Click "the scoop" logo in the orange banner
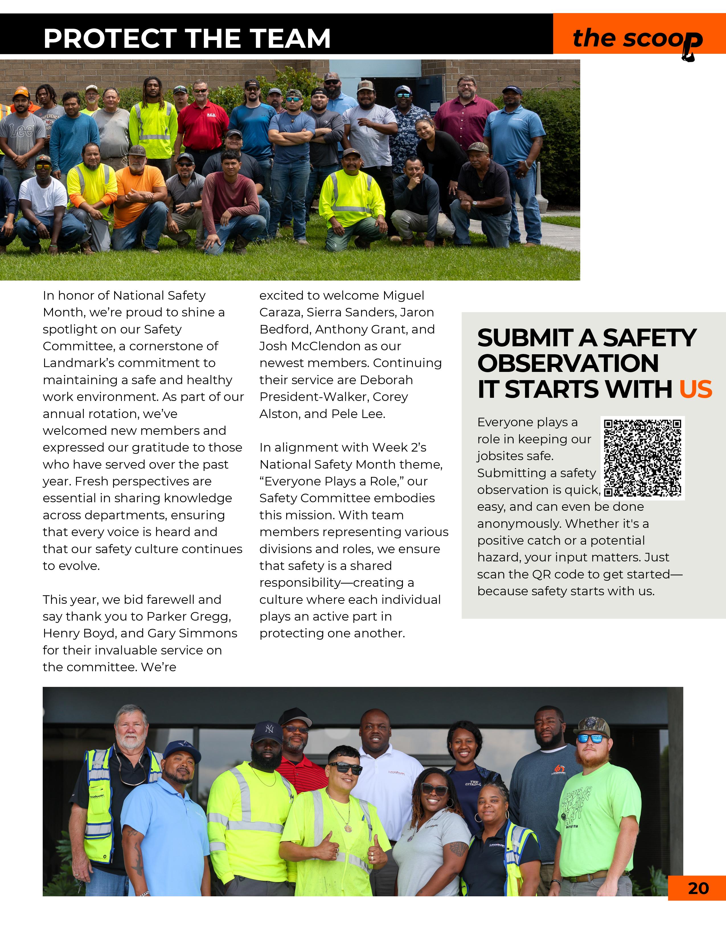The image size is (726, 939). point(638,39)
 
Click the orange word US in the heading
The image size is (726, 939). point(696,390)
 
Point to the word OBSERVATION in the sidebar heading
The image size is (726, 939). point(568,364)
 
